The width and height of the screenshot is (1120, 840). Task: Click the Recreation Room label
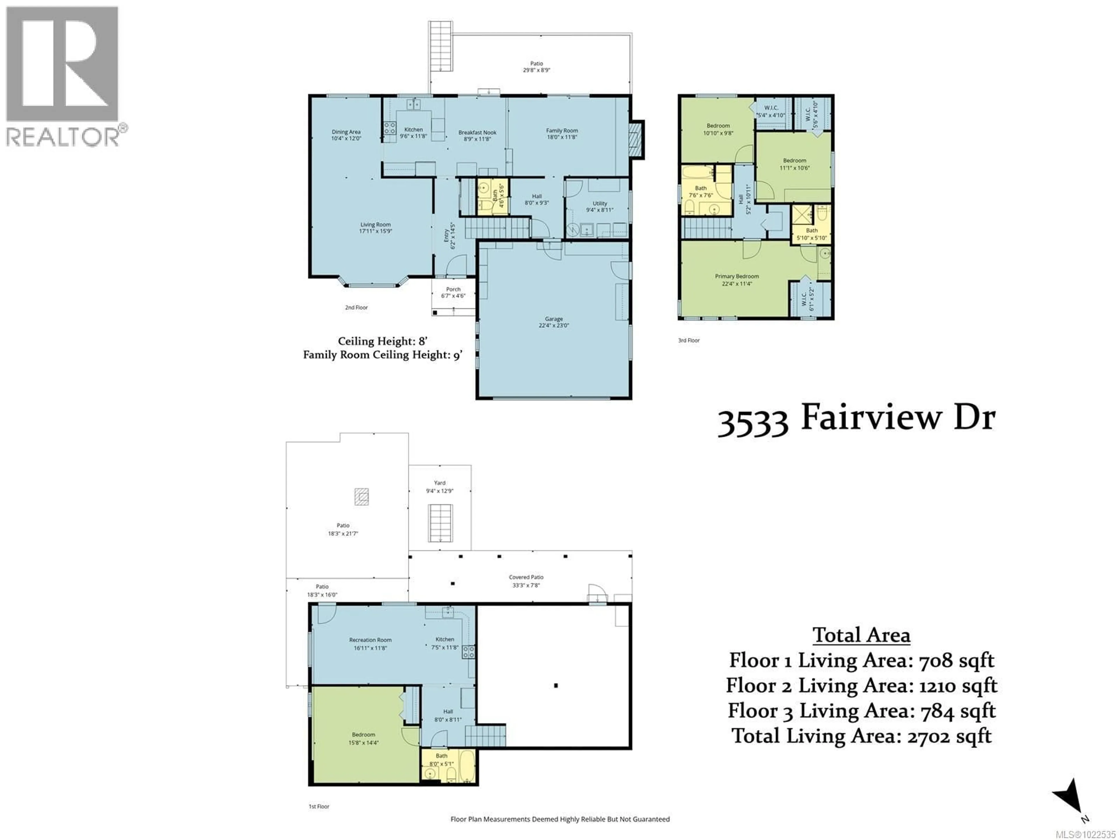click(x=370, y=643)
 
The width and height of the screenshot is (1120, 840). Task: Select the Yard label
click(x=440, y=487)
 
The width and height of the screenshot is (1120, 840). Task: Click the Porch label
click(x=453, y=293)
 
